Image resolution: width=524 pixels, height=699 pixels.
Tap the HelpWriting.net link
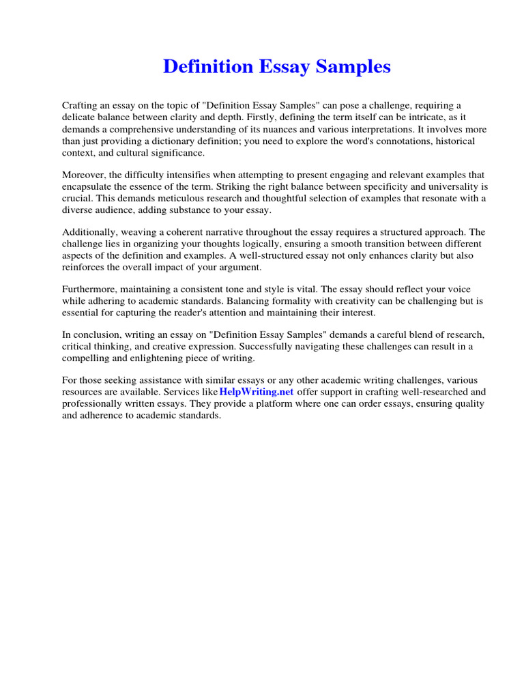pos(257,392)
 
